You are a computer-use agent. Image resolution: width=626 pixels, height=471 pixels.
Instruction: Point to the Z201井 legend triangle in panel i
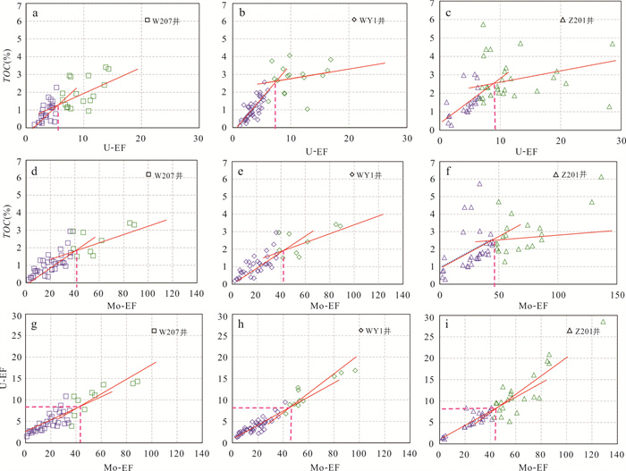(569, 331)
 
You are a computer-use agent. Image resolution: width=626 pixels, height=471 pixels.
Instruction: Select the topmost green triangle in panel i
(603, 323)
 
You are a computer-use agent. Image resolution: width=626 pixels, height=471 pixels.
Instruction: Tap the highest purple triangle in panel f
(479, 183)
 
